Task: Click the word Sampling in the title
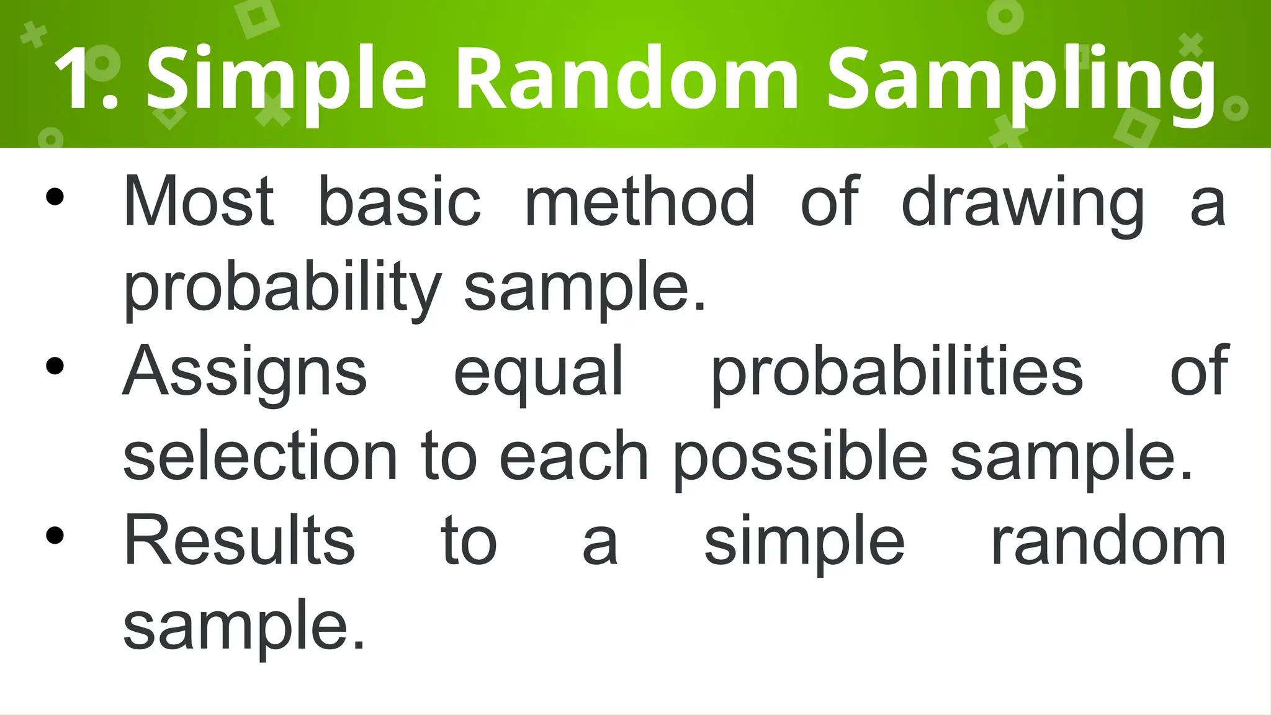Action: coord(1021,81)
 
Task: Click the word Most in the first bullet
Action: coord(199,201)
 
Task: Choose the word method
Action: coord(640,201)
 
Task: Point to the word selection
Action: coord(260,456)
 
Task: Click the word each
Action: coord(574,456)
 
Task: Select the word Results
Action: coord(240,541)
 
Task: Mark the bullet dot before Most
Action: coord(55,197)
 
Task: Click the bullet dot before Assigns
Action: coord(55,366)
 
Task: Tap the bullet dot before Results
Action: coord(55,535)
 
